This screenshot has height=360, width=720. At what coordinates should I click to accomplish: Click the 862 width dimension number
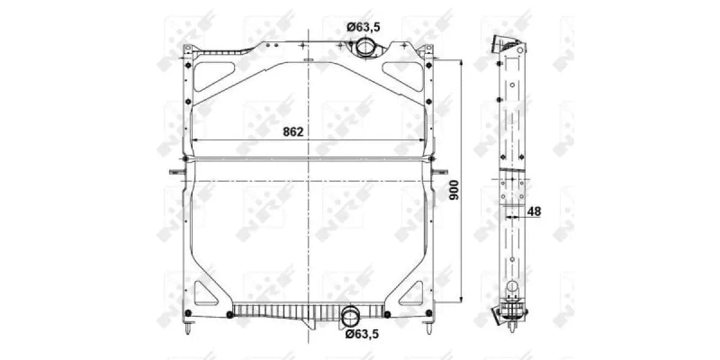click(x=293, y=132)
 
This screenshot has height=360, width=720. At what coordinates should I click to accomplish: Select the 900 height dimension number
click(x=454, y=190)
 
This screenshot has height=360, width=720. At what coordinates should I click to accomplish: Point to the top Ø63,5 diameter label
click(x=364, y=26)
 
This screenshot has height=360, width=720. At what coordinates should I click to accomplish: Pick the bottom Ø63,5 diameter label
click(x=362, y=334)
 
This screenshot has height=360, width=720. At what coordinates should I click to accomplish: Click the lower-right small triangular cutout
click(x=412, y=294)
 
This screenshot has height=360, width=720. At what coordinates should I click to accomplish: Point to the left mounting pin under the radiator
click(x=188, y=328)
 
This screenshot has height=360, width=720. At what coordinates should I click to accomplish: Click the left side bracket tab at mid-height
click(x=176, y=172)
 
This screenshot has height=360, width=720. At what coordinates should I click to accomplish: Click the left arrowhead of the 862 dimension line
click(x=195, y=140)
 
